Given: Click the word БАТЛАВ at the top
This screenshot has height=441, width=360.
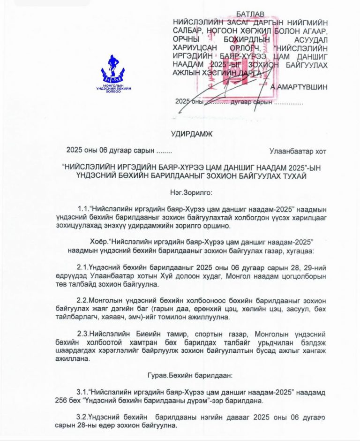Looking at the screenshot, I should pos(249,15).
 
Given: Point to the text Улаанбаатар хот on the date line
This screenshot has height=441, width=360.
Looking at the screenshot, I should pos(297,151).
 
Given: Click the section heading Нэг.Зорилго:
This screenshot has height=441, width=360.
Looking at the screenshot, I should pos(191,192).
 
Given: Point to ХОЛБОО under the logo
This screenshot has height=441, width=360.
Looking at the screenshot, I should pos(113,91).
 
